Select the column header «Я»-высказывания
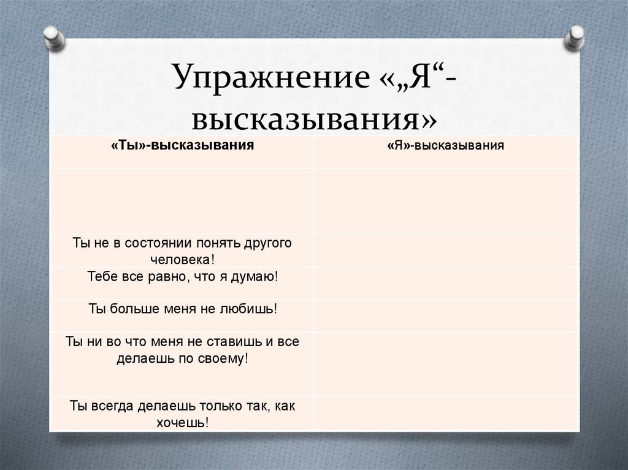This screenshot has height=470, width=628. point(445,146)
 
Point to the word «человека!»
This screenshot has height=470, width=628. point(182,259)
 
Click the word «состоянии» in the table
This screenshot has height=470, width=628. point(160,243)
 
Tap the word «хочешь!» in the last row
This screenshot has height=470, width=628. point(182,422)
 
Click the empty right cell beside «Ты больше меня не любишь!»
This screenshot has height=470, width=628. point(445,315)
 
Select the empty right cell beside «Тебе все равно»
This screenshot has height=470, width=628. point(445,282)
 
